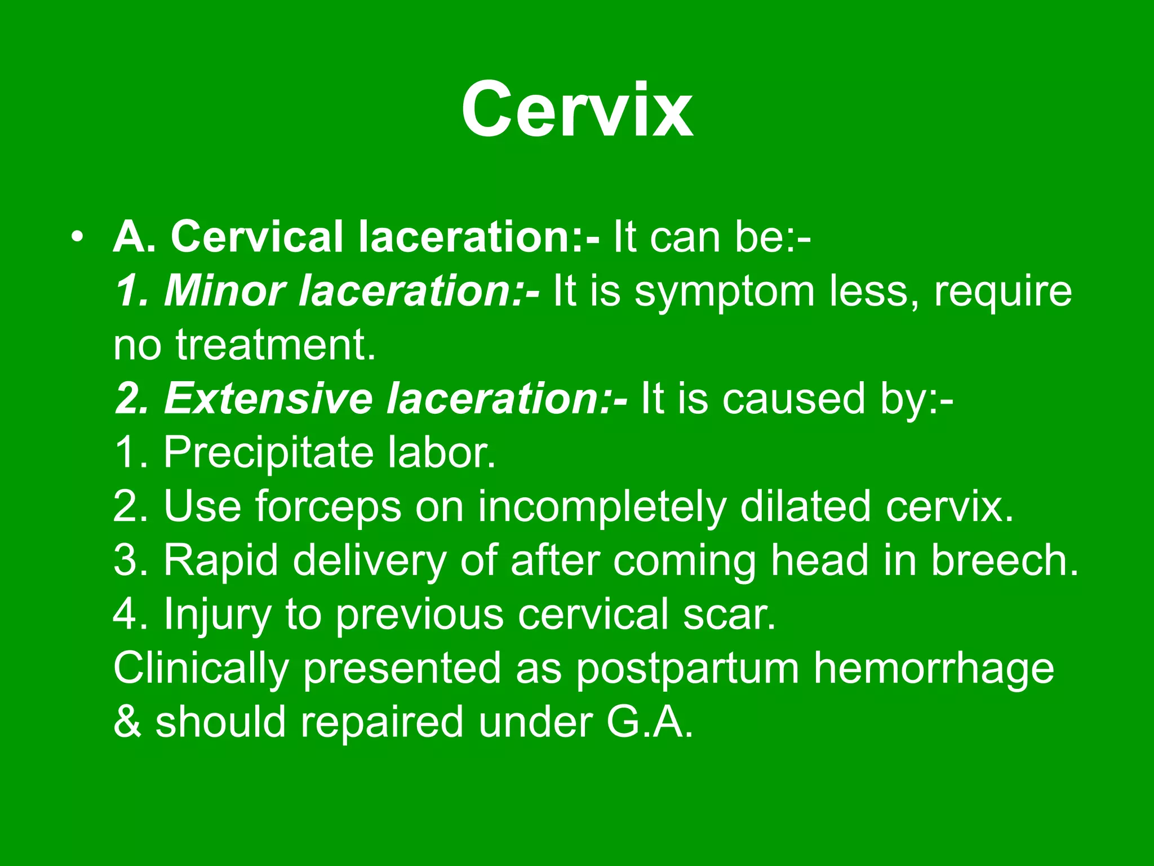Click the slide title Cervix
(x=576, y=110)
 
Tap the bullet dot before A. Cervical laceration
(x=77, y=237)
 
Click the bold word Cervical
(x=257, y=237)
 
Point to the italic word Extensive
(x=268, y=399)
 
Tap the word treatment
(x=275, y=345)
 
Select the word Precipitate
(x=268, y=453)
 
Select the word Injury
(x=218, y=615)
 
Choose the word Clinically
(x=201, y=669)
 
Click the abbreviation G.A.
(x=650, y=722)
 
